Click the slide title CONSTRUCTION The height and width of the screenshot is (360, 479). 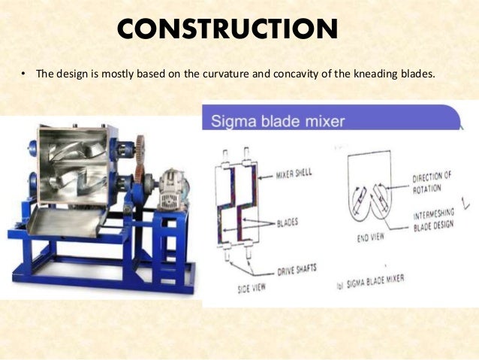coord(227,30)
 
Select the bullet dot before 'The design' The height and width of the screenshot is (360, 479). coord(23,75)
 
